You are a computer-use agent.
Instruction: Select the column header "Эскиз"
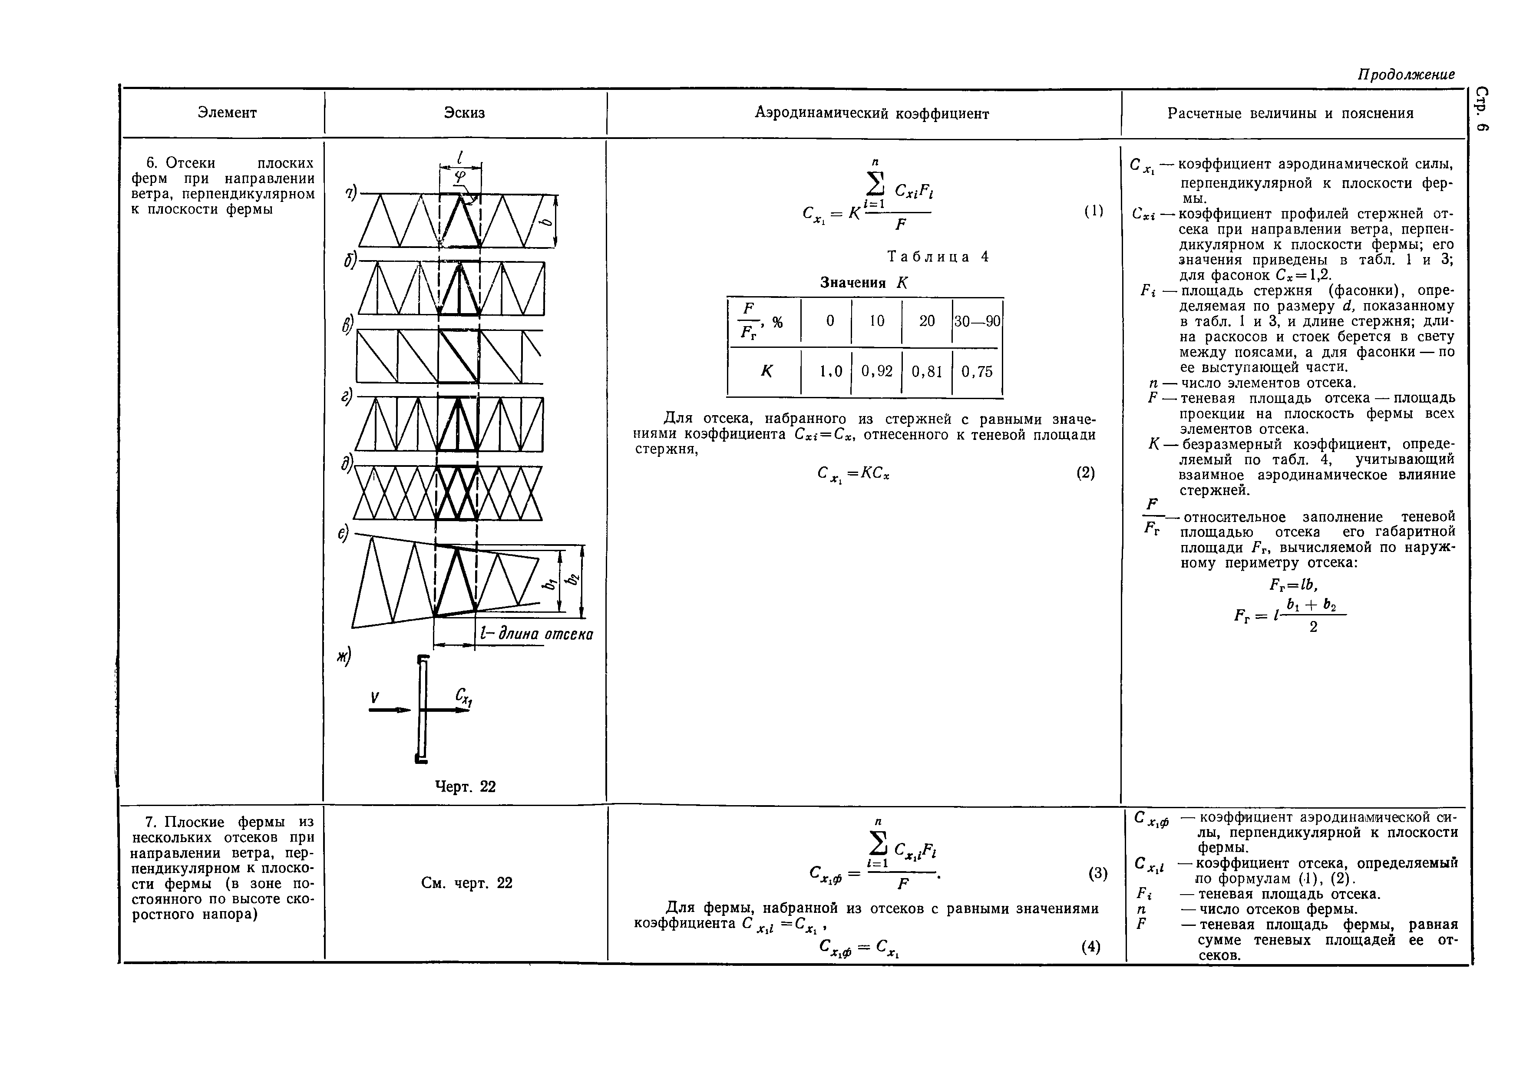(464, 113)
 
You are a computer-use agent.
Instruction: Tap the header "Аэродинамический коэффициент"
(872, 114)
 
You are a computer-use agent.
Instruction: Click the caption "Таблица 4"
(937, 257)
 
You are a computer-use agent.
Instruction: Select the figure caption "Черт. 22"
(465, 786)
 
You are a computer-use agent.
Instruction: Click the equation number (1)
(1093, 211)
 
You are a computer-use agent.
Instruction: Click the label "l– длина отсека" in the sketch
(536, 634)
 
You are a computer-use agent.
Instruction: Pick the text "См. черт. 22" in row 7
(466, 883)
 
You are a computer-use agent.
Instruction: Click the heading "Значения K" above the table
(863, 283)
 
